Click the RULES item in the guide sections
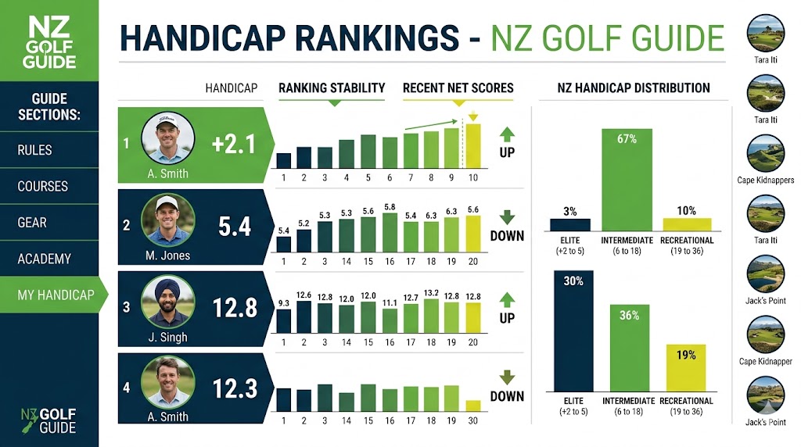(34, 150)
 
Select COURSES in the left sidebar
(42, 187)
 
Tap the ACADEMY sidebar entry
(44, 259)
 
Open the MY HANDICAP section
(56, 295)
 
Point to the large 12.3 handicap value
(235, 387)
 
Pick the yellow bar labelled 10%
(687, 223)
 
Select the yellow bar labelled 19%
(686, 367)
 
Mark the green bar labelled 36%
(629, 348)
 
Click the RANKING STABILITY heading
(332, 88)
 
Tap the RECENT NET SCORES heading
(458, 88)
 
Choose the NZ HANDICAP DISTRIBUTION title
(634, 88)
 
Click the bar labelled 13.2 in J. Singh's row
(431, 316)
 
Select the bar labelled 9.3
(284, 320)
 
